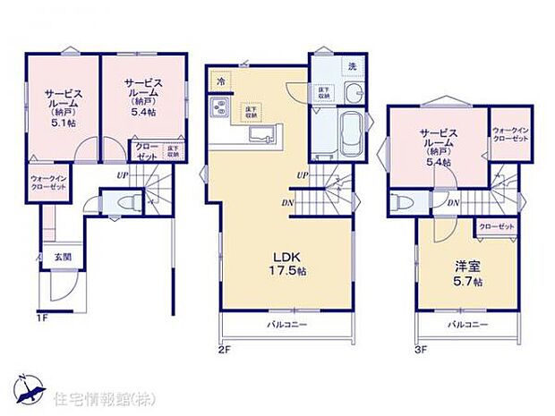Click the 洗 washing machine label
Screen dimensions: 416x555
(352, 68)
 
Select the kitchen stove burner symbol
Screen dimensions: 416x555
(220, 109)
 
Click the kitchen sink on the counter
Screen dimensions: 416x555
(261, 135)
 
